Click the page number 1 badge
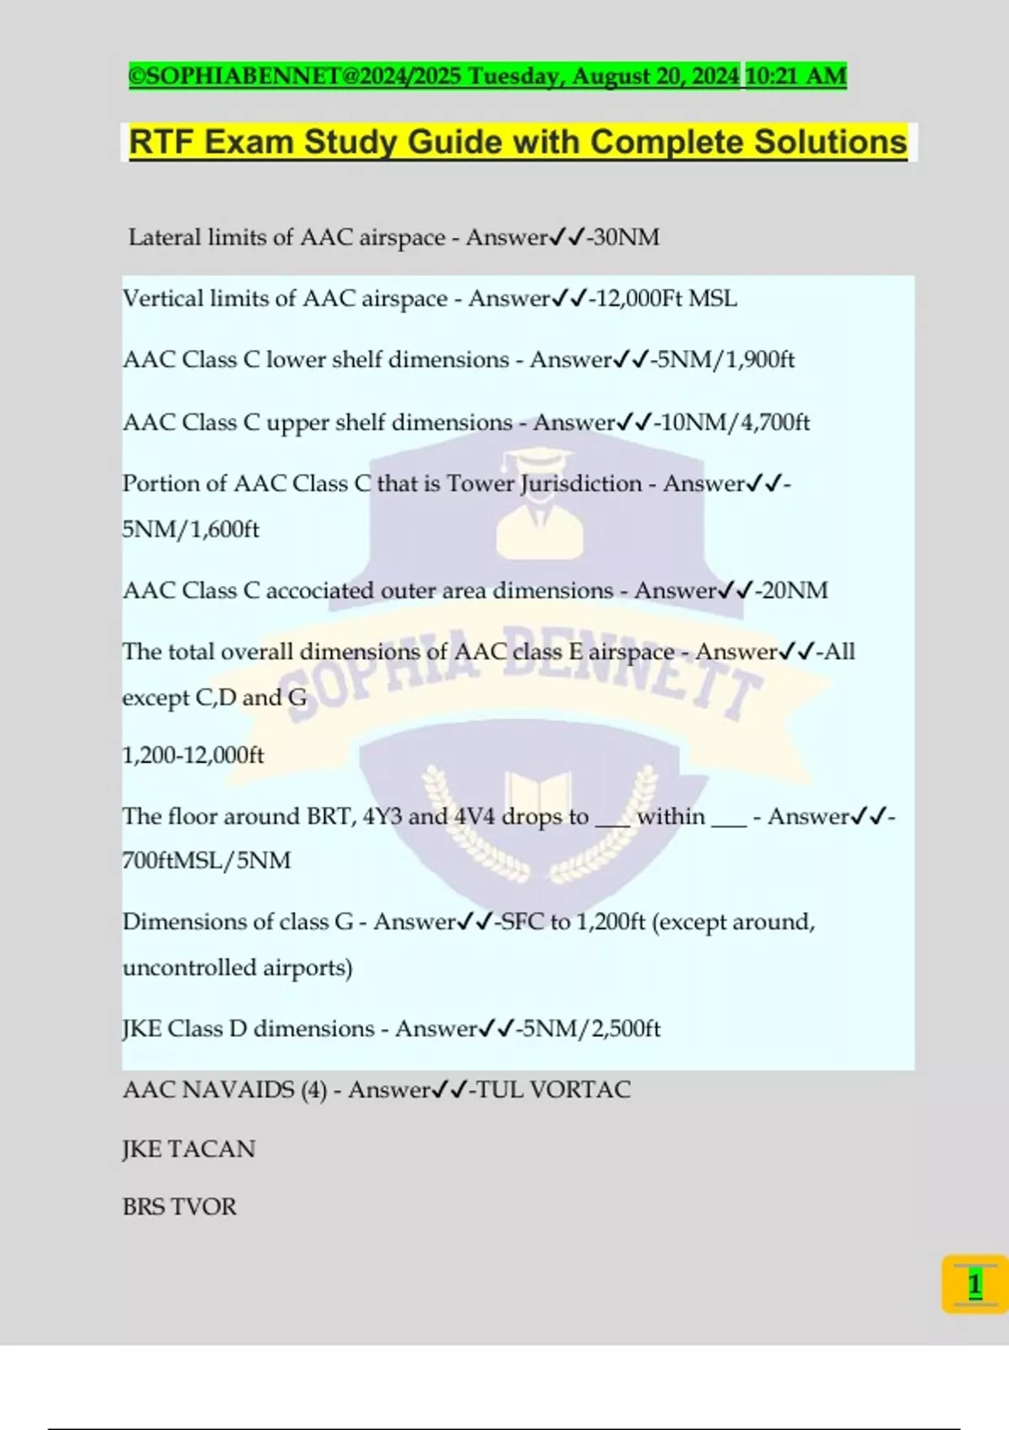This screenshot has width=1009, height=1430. [x=975, y=1284]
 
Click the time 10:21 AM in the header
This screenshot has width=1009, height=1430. [x=795, y=76]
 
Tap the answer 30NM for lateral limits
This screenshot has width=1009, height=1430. [x=626, y=237]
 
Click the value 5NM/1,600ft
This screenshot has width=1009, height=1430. [x=191, y=529]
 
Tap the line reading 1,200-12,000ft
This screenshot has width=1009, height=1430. [x=193, y=755]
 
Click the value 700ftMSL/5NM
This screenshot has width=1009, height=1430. [x=207, y=861]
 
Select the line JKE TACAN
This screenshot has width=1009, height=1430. [x=188, y=1149]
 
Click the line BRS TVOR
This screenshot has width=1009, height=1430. [x=179, y=1207]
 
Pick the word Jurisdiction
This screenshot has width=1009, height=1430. [x=580, y=484]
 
